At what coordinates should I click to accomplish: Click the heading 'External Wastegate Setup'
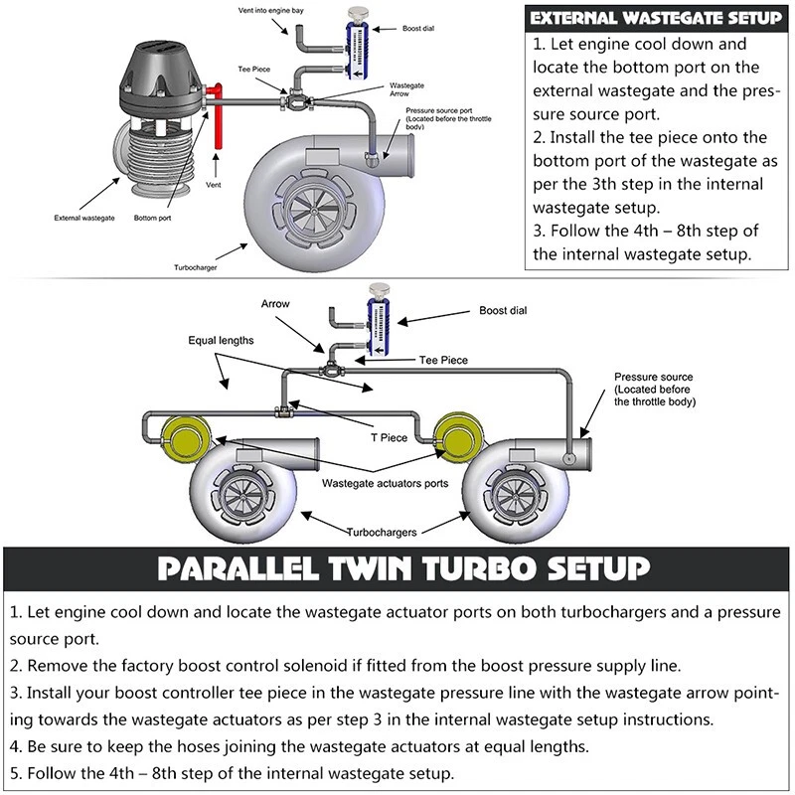(656, 18)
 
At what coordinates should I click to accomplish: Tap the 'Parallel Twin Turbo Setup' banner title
(397, 568)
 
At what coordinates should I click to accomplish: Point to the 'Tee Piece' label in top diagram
(254, 70)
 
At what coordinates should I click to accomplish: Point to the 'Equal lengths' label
(221, 340)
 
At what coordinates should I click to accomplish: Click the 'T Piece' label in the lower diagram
(389, 437)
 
